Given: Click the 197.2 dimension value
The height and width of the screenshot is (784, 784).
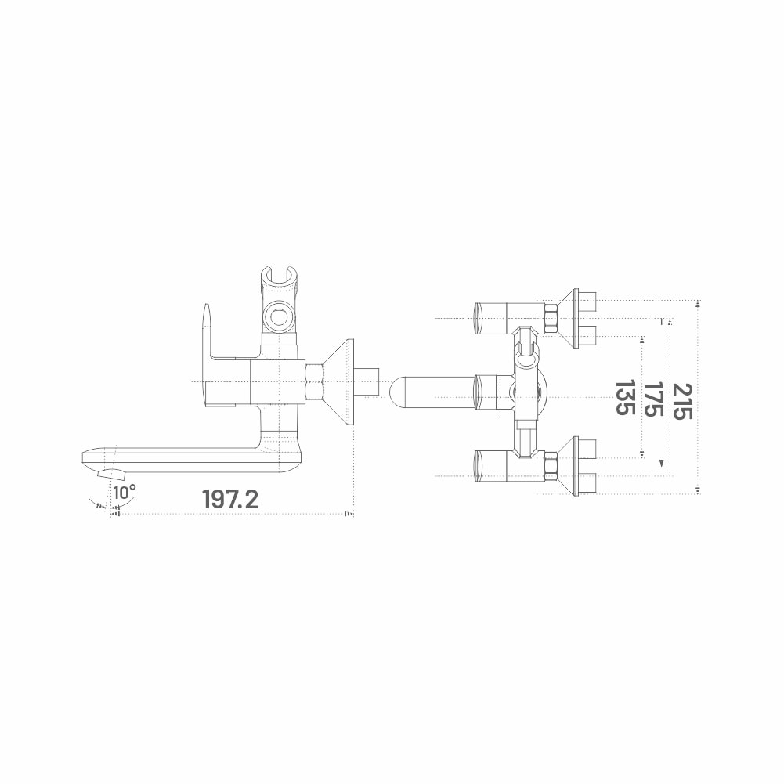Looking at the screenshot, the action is (x=230, y=498).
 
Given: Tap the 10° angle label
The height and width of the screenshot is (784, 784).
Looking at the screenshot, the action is (x=125, y=492).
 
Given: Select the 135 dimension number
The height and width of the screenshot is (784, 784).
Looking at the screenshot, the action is (x=625, y=398).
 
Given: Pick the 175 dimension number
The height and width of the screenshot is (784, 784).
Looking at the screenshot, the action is (x=653, y=399).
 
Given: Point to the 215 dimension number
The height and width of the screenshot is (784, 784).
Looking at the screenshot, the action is (x=682, y=401).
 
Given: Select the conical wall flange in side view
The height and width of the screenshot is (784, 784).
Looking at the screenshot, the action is (x=338, y=382).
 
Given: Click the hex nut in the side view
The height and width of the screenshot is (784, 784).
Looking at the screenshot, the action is (x=314, y=382).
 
